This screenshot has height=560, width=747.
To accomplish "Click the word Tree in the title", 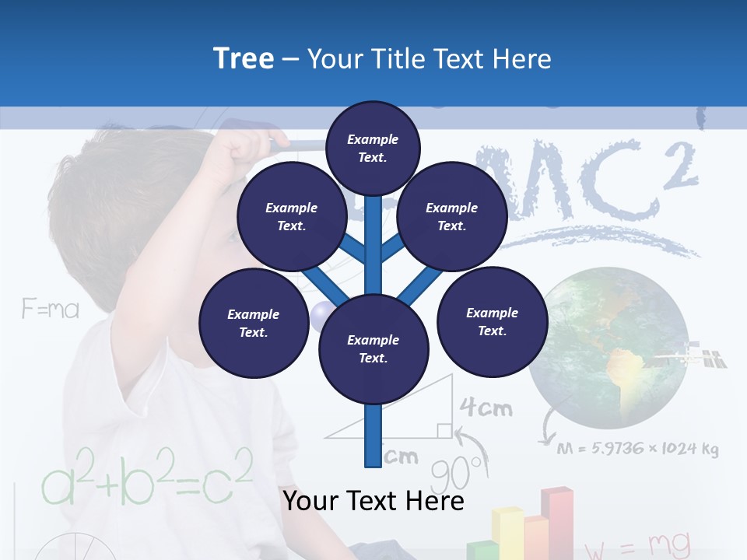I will pos(244,58).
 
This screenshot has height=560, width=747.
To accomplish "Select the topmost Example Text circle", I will pos(373,148).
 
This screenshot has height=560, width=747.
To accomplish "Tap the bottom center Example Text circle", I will pos(373,349).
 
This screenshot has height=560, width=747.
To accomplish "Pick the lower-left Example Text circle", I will pos(254,323).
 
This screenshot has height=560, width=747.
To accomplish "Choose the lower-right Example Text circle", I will pos(492,321).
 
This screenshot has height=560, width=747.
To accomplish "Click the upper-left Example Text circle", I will pos(292,217).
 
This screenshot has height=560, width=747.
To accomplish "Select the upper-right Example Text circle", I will pos(452,217).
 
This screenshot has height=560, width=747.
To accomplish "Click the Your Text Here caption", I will pos(373,501).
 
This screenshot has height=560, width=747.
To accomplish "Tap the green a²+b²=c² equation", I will pos(147,475).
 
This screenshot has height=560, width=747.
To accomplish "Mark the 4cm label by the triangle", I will pos(486,407).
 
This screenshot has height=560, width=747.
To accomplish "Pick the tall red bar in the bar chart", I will pos(558,521).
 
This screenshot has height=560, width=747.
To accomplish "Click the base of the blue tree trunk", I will pos(373,459).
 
